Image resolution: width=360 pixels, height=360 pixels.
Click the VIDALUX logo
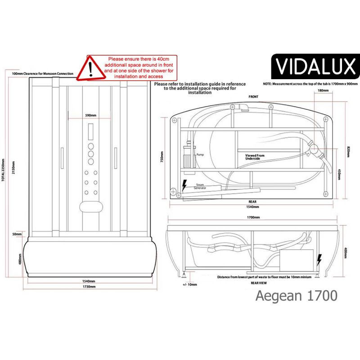tap(315, 67)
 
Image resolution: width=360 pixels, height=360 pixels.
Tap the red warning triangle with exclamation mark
tap(90, 67)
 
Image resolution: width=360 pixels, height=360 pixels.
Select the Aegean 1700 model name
tap(296, 296)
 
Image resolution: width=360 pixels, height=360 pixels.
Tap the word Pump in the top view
tap(200, 155)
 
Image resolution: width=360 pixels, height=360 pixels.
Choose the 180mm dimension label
tap(323, 90)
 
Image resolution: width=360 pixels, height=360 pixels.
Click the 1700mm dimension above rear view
tap(253, 217)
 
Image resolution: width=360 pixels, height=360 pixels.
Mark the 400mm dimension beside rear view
tap(345, 254)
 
